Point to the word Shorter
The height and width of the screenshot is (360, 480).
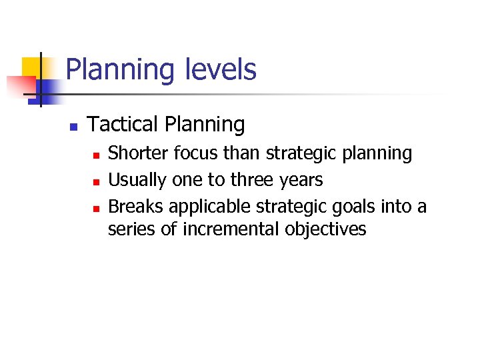tap(138, 153)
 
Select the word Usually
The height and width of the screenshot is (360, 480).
tap(137, 180)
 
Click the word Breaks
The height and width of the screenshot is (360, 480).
tap(134, 207)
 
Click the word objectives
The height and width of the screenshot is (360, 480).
tap(325, 230)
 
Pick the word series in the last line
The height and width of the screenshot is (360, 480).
tap(127, 229)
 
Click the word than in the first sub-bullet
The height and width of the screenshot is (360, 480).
tap(243, 153)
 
